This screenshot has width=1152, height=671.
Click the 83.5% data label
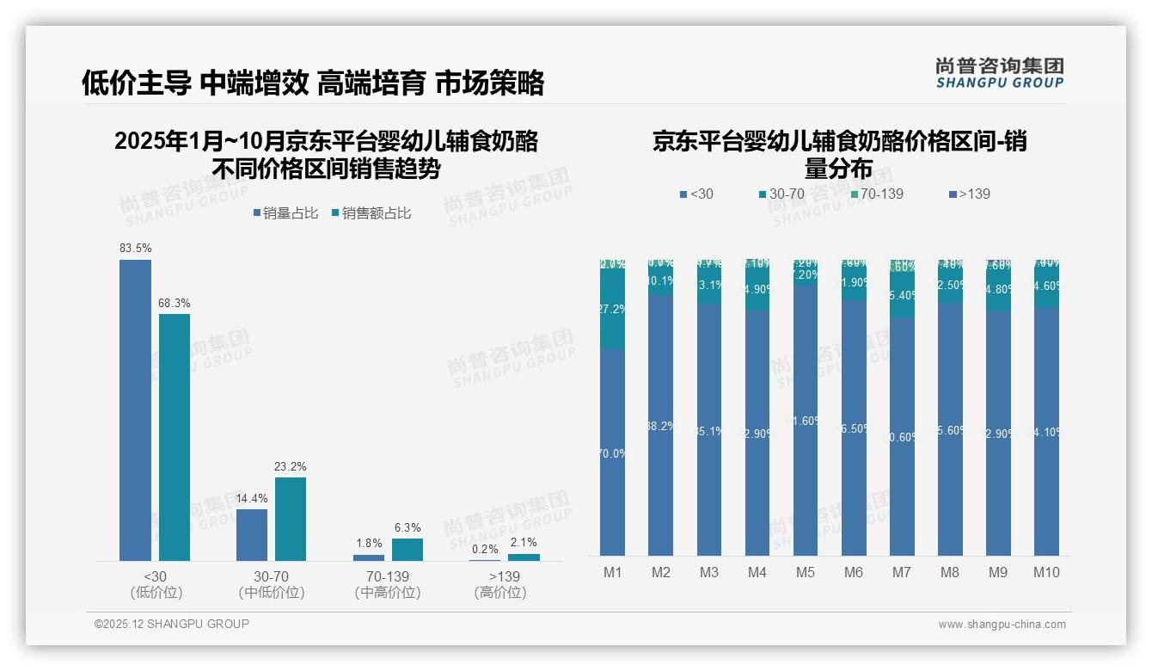coord(136,249)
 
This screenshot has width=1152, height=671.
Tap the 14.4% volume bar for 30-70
coord(252,535)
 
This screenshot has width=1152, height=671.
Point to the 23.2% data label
coord(291,466)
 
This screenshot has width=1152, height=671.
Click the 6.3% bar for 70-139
coord(407,550)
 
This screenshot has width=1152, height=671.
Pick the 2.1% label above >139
coord(524,543)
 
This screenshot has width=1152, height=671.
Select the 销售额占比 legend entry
coord(371,213)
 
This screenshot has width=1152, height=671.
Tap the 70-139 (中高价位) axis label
coord(388,584)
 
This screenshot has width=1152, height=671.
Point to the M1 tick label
coord(612,573)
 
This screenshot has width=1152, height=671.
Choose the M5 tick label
coord(805,573)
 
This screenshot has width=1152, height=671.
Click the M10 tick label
coord(1046,573)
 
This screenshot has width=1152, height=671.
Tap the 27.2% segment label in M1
coord(612,309)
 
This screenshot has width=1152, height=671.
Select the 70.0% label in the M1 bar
coord(612,453)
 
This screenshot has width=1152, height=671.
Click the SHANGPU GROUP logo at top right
coord(999,73)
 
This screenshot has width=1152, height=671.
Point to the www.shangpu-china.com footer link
coord(1002,625)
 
